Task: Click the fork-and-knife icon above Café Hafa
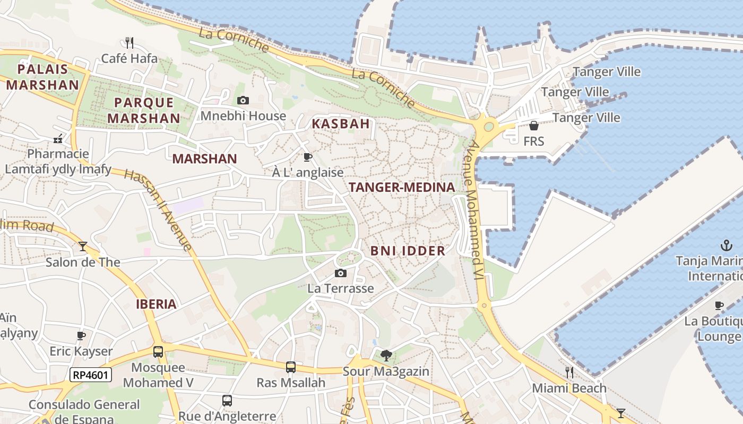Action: coord(129,42)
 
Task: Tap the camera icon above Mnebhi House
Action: coord(243,100)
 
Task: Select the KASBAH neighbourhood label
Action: coord(341,124)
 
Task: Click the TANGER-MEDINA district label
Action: coord(402,187)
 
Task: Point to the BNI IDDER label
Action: coord(408,251)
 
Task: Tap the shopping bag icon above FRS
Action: coord(534,126)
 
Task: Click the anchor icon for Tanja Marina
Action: coord(726,245)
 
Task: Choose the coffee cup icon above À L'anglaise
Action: coord(307,157)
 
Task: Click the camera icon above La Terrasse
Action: coord(341,273)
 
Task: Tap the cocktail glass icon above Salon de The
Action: coord(83,246)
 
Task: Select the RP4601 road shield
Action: coord(91,375)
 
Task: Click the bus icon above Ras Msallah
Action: coord(291,367)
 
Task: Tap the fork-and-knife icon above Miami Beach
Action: coord(569,373)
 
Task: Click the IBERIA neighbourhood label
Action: coord(156,304)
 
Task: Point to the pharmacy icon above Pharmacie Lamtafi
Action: coord(58,139)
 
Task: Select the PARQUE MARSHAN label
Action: coord(144,110)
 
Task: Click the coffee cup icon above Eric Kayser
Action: coord(81,335)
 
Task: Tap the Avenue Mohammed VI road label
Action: coord(476,212)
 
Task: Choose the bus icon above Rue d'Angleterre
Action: coord(227,401)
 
